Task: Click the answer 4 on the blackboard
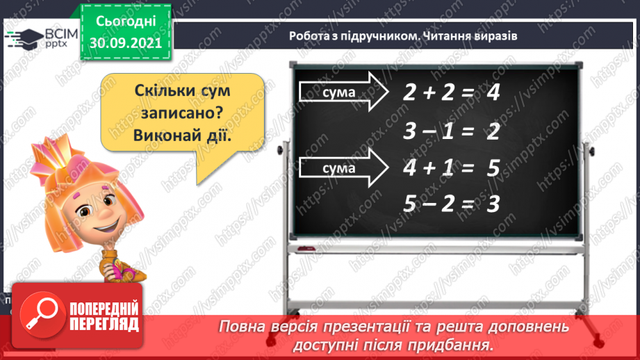(493, 94)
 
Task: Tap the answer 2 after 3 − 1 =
(493, 131)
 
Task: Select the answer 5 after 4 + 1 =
(494, 168)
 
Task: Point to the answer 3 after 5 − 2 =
(493, 204)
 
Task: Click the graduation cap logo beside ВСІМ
(23, 37)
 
